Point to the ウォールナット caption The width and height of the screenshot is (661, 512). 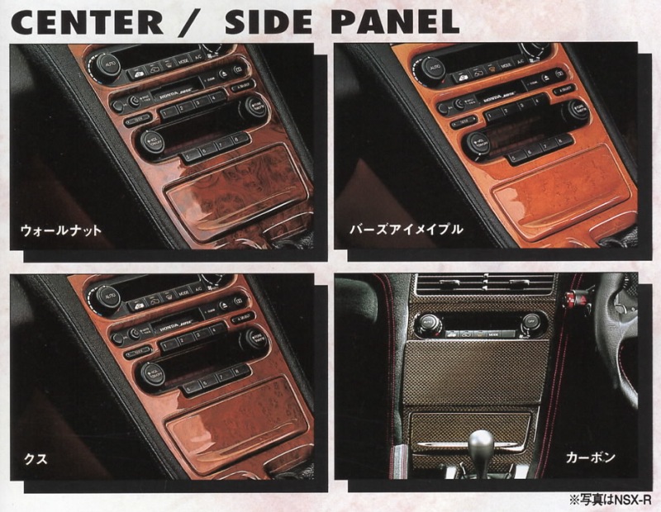(61, 230)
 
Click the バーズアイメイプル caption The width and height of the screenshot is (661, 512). (406, 230)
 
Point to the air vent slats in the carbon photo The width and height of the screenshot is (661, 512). (486, 284)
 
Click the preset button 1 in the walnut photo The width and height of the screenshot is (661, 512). (168, 113)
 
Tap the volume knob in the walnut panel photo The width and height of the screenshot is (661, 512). (150, 141)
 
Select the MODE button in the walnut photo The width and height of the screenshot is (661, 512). (183, 60)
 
